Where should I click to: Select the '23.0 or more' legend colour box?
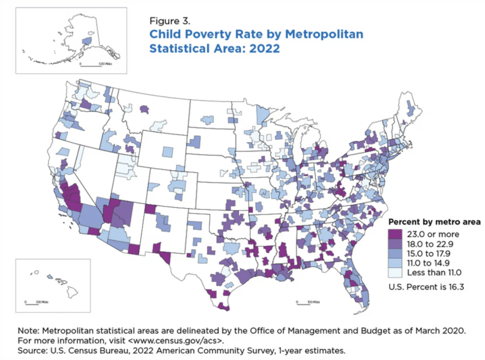(x=395, y=234)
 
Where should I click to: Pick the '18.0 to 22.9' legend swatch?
(x=395, y=243)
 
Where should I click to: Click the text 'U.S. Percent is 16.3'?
(x=424, y=287)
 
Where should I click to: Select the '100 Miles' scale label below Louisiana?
(x=314, y=302)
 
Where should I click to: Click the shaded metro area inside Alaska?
(x=87, y=41)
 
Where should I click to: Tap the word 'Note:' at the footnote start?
(x=28, y=331)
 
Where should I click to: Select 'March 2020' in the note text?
(x=436, y=331)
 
